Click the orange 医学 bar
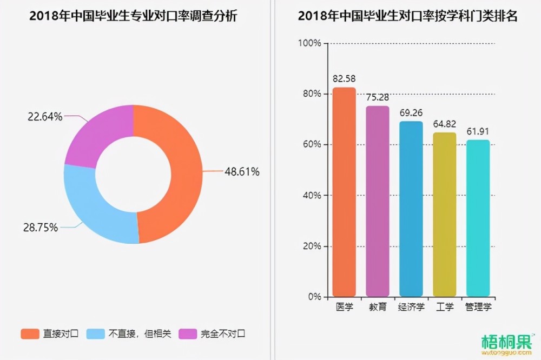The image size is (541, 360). (344, 192)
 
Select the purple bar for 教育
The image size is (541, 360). (378, 201)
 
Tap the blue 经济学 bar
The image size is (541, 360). (411, 209)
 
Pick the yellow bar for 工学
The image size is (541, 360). (444, 214)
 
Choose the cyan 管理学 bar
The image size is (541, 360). (478, 218)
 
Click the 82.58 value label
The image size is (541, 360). (344, 78)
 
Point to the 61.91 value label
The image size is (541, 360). (478, 131)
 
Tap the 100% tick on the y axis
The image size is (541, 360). (309, 43)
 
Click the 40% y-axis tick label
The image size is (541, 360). (312, 195)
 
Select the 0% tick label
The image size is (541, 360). (315, 297)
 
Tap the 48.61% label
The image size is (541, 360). (242, 172)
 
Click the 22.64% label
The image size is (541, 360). (45, 117)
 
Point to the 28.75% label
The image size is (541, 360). (41, 228)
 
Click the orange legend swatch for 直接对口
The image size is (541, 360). (30, 334)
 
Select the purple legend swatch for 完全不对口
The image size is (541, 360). (188, 334)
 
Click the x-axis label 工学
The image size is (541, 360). (444, 306)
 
